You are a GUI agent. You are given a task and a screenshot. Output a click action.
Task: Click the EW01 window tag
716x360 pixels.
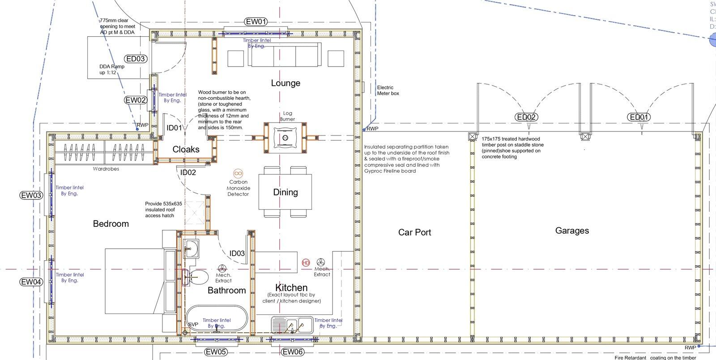click(x=256, y=21)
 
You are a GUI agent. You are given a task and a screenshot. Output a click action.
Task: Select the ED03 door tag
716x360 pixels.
click(x=136, y=59)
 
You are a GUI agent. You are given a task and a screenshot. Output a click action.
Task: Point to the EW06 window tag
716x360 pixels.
click(x=293, y=352)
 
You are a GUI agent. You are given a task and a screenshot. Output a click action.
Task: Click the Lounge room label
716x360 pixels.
click(x=286, y=83)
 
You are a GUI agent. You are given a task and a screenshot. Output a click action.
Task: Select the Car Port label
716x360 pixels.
click(x=415, y=232)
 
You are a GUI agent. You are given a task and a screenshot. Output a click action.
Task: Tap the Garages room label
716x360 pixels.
click(x=572, y=231)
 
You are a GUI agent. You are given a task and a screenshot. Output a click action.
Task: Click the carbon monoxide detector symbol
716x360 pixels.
click(x=238, y=173)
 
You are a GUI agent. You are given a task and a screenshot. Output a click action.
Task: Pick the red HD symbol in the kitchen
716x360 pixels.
click(x=306, y=263)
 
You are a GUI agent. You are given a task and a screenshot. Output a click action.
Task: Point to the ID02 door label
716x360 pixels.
click(x=188, y=172)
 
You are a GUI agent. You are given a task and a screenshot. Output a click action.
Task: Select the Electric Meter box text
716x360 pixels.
click(x=388, y=90)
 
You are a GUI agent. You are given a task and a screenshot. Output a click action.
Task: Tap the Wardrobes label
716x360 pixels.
click(x=106, y=169)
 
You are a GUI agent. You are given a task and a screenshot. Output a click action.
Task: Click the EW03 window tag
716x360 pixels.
click(x=31, y=195)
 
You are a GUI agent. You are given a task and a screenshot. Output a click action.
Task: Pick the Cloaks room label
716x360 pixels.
click(x=186, y=149)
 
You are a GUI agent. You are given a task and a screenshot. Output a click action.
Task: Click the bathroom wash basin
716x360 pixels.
click(x=192, y=249)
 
